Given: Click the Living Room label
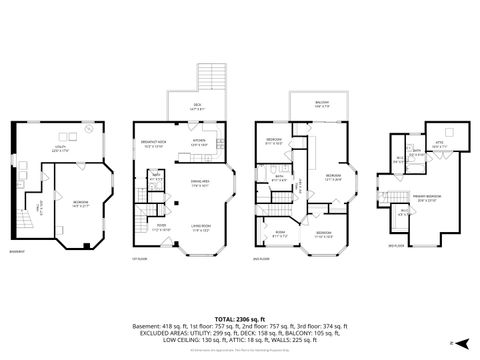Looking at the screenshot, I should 200,229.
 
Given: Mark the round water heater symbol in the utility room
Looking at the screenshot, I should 88,129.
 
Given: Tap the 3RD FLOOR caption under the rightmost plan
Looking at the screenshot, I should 396,243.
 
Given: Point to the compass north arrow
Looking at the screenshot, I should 452,343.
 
